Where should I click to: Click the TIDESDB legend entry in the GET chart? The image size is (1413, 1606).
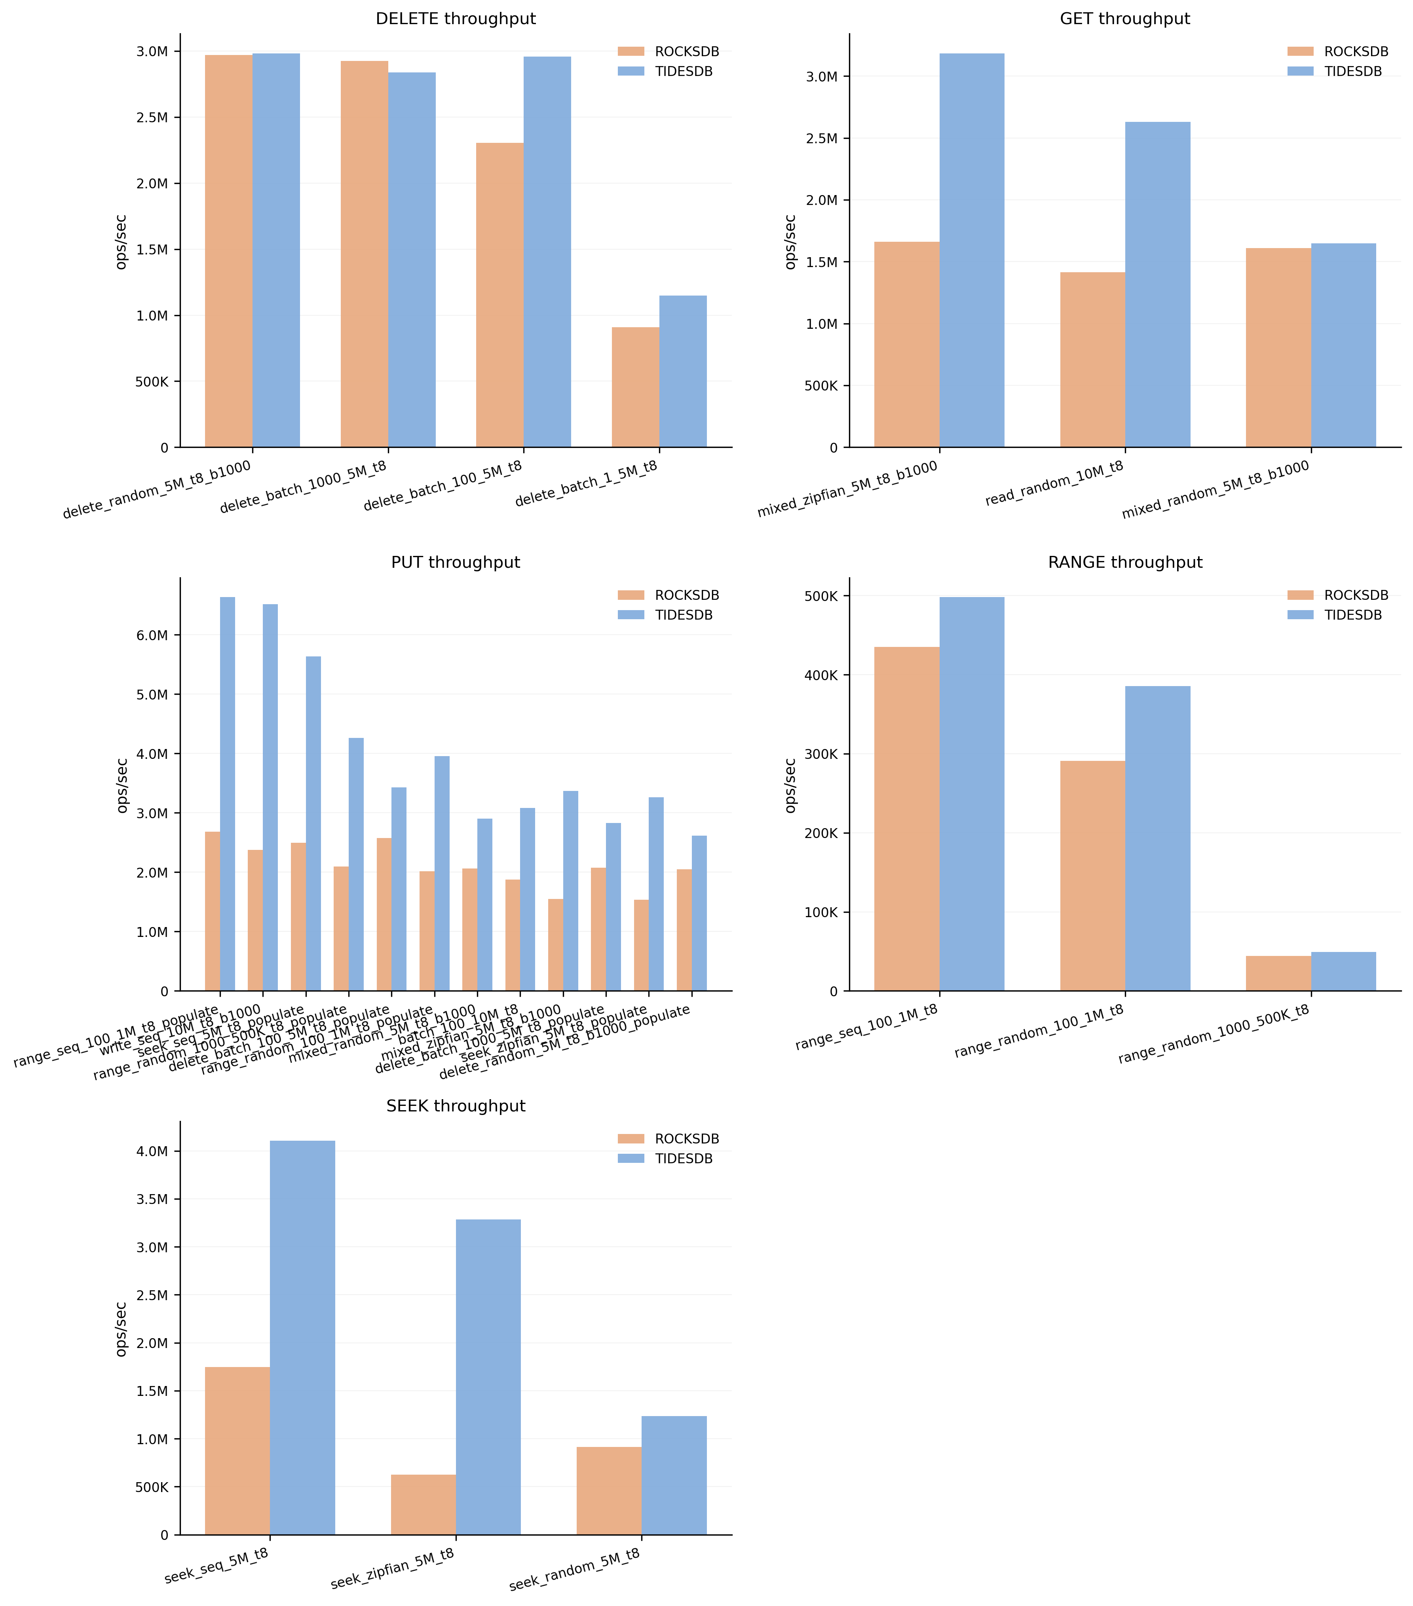pos(1352,72)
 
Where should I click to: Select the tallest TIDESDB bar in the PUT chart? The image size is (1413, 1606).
pos(227,794)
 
